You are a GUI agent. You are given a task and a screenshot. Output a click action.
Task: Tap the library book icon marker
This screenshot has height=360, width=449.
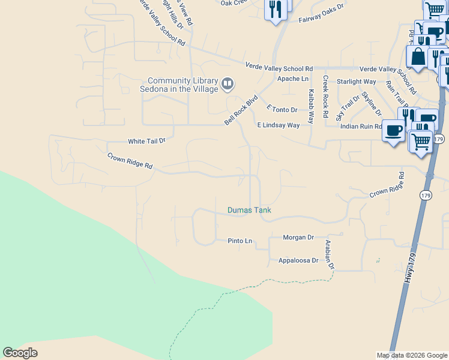pos(228,84)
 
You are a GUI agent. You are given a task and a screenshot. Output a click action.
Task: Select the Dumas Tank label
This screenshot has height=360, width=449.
pos(249,210)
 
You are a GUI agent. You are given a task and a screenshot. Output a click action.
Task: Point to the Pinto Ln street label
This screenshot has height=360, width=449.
pos(240,241)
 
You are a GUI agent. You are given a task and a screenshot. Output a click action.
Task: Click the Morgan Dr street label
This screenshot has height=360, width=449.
pos(299,238)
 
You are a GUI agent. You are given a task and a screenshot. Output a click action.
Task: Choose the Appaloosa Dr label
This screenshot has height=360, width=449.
pos(298,260)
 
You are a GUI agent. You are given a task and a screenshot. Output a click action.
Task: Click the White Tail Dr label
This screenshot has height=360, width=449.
pos(146,142)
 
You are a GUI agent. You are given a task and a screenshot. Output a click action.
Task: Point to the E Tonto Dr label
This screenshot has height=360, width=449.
pos(282,109)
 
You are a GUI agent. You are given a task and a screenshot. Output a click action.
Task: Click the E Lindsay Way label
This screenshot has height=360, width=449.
pos(278,125)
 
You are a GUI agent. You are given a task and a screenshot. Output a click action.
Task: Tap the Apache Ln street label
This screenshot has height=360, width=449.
pos(292,79)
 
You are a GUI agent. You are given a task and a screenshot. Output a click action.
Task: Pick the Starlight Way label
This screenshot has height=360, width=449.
pos(356,82)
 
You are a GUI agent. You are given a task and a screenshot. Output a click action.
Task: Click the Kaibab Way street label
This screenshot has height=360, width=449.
pos(311,106)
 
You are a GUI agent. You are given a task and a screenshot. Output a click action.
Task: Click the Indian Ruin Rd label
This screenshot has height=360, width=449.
pos(361,127)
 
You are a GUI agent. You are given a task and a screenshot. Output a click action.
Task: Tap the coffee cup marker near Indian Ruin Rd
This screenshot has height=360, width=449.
pos(394,131)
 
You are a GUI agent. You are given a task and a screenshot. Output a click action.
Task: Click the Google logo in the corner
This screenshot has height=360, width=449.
pos(20,353)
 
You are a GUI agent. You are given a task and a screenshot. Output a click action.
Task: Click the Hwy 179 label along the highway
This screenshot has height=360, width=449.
pos(410,268)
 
